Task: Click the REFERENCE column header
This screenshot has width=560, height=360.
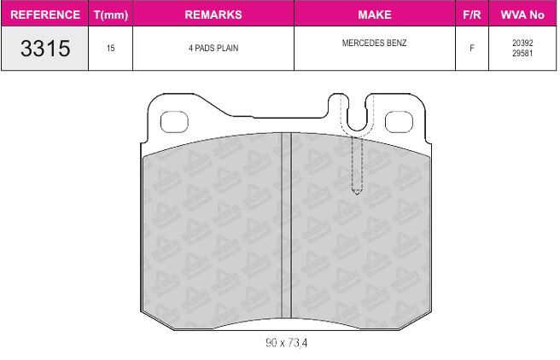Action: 45,15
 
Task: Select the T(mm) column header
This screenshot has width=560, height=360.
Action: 111,15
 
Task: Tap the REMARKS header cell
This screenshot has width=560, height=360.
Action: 213,15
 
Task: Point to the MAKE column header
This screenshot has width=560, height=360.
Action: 375,15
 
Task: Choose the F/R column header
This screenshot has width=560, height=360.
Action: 472,15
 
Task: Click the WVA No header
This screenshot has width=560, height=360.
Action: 522,15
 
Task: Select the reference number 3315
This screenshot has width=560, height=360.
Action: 45,48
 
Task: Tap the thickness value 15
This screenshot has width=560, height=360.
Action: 110,48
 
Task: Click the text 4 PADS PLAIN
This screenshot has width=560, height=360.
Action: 213,48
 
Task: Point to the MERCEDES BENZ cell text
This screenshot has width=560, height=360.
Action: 374,43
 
